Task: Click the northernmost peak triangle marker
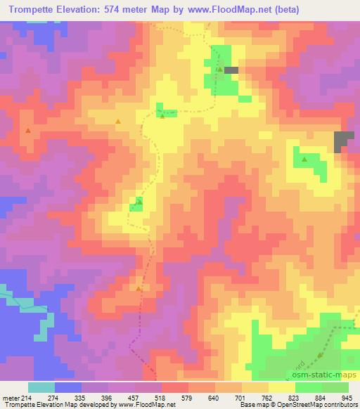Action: coord(219,70)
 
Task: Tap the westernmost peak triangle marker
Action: coord(28,130)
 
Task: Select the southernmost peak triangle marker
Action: coord(139,288)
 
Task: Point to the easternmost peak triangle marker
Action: coord(304,160)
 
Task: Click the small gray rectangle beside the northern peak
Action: coord(231,70)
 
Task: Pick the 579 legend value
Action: coord(187,398)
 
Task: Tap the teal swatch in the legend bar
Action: coord(41,388)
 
